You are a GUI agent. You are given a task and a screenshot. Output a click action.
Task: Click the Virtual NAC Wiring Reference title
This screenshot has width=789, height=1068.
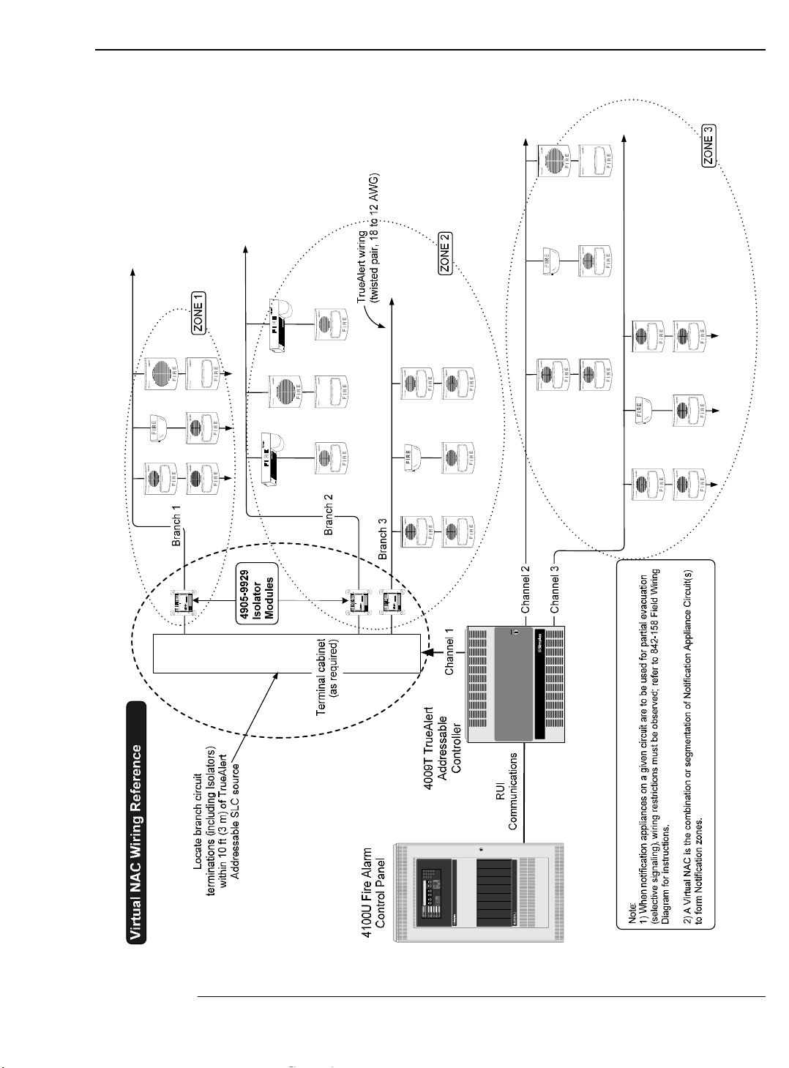[x=137, y=822]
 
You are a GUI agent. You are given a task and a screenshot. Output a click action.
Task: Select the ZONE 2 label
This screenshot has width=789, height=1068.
[x=446, y=253]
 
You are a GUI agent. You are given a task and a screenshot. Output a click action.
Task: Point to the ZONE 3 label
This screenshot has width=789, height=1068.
[x=708, y=146]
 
